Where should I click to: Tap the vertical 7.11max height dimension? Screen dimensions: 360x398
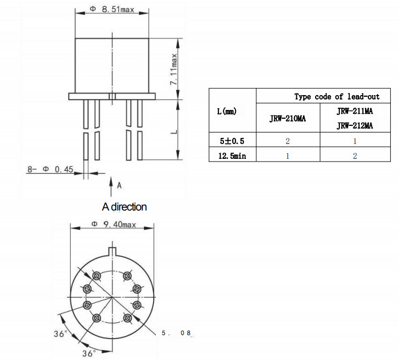pyautogui.click(x=173, y=69)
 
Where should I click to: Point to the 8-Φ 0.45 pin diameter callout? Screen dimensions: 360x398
pyautogui.click(x=51, y=170)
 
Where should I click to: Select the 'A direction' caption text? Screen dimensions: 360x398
pyautogui.click(x=124, y=207)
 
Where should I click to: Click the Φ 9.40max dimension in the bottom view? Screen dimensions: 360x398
pyautogui.click(x=113, y=225)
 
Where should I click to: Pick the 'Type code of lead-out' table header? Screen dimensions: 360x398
pyautogui.click(x=337, y=97)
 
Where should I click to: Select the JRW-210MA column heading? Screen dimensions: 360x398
pyautogui.click(x=287, y=118)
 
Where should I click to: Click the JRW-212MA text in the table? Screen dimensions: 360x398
pyautogui.click(x=355, y=125)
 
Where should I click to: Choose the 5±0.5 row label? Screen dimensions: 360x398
pyautogui.click(x=232, y=141)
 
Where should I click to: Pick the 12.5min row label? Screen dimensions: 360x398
pyautogui.click(x=232, y=156)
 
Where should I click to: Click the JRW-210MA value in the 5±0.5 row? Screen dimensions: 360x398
pyautogui.click(x=287, y=141)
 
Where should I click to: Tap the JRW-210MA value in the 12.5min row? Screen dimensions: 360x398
pyautogui.click(x=287, y=156)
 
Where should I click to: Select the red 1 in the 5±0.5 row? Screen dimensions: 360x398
pyautogui.click(x=355, y=141)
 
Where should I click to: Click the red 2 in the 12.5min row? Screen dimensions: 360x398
pyautogui.click(x=355, y=156)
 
